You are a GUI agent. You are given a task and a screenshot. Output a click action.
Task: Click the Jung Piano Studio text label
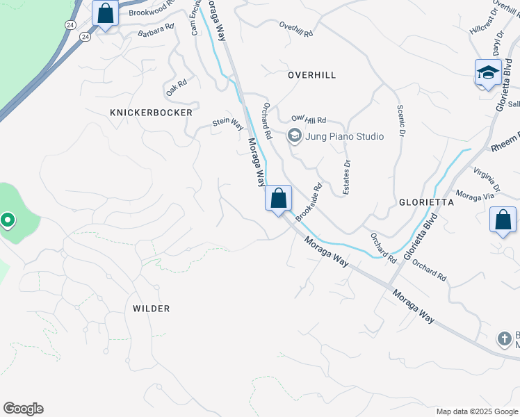346,136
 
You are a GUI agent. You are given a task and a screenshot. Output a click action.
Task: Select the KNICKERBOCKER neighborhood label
151,112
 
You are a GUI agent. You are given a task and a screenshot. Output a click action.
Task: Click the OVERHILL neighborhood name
311,74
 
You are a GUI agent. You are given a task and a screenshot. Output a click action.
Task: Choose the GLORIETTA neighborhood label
426,202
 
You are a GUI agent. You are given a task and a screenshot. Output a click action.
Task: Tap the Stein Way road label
228,124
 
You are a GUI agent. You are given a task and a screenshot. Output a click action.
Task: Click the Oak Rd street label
177,88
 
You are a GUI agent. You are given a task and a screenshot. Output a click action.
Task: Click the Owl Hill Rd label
309,120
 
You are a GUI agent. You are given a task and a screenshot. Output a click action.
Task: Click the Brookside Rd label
309,202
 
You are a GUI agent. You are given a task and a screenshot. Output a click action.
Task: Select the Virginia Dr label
487,179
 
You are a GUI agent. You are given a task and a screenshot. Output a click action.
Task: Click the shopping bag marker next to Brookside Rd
278,199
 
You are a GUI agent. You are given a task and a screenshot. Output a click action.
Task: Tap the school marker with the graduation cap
488,72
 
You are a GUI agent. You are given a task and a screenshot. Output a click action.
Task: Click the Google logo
23,409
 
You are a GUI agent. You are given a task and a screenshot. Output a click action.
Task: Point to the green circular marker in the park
8,220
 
